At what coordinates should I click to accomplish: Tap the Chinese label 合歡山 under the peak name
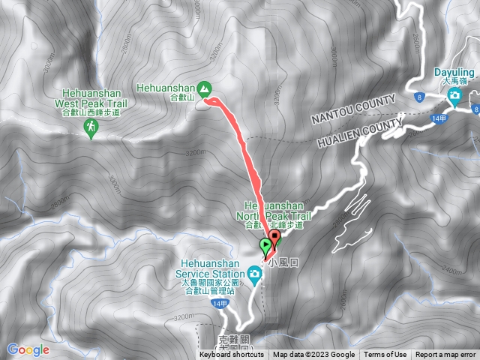[181, 97]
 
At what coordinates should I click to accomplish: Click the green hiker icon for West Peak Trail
[91, 130]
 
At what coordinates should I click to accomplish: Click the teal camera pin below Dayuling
[454, 95]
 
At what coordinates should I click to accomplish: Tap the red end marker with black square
[274, 240]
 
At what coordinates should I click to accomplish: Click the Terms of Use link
[385, 355]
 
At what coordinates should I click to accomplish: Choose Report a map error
[445, 355]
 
